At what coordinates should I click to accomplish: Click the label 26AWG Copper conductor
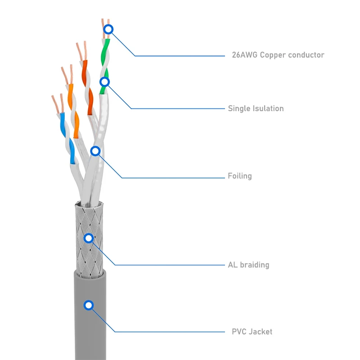point(278,55)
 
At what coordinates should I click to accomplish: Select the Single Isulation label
point(256,108)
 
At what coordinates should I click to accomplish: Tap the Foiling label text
point(239,176)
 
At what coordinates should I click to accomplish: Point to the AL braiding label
point(248,265)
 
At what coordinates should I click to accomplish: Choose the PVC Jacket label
point(252,332)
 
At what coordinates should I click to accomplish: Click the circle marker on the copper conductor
point(108,30)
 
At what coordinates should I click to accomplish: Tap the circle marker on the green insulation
point(104,82)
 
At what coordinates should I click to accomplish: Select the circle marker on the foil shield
point(95,151)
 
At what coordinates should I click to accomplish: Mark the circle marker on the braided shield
point(89,238)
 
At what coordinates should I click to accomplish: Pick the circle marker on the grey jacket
point(89,305)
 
